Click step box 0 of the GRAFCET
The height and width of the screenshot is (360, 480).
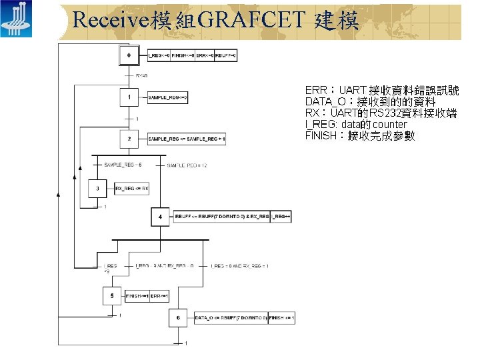[x=129, y=56]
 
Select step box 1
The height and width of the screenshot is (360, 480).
[x=129, y=98]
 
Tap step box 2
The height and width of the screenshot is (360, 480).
[x=129, y=139]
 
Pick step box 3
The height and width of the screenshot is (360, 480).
[x=97, y=189]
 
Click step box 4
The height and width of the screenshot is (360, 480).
[x=161, y=217]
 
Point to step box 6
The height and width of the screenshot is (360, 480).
[x=178, y=318]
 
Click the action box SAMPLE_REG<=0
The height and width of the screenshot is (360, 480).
[x=168, y=98]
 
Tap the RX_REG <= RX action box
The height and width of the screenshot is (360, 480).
[x=132, y=189]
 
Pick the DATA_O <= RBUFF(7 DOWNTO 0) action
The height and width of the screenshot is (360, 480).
[x=231, y=319]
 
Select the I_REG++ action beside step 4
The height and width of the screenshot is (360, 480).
[x=280, y=217]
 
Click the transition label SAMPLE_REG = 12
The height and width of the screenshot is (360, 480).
[x=187, y=165]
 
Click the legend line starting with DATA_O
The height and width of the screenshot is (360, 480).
[x=370, y=101]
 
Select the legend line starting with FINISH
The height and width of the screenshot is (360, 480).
[x=360, y=135]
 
